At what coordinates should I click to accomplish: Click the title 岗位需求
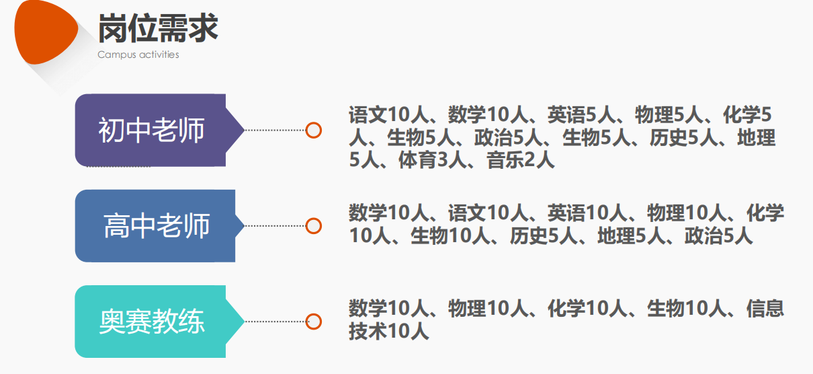tap(158, 28)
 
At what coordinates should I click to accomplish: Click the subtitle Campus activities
tap(138, 54)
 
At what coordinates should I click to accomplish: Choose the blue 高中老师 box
tap(156, 226)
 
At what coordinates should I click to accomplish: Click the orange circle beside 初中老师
tap(313, 130)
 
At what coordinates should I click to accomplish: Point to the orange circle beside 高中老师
tap(313, 226)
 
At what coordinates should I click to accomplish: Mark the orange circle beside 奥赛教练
tap(313, 322)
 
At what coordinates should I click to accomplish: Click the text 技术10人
tap(388, 331)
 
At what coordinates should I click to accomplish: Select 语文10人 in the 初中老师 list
tap(390, 115)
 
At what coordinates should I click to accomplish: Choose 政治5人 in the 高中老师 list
tap(719, 236)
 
